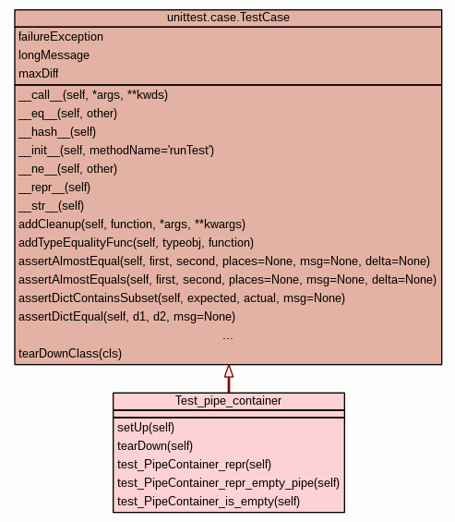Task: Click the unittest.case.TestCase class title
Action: (228, 18)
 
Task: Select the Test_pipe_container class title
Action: (229, 401)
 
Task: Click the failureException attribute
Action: (61, 37)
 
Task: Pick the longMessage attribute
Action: (54, 55)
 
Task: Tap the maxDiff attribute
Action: (39, 74)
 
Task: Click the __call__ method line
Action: (93, 95)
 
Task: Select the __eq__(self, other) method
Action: (68, 114)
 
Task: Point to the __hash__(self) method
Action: (57, 132)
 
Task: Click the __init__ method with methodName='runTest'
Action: (116, 151)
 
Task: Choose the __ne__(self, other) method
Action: (68, 169)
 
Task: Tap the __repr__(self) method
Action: (54, 188)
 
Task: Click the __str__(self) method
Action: (51, 206)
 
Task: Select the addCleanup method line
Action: (132, 225)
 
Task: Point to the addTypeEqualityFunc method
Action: (136, 243)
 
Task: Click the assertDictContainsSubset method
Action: (182, 298)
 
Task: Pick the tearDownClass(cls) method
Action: (70, 354)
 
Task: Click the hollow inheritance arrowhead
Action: (229, 371)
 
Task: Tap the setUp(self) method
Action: (146, 428)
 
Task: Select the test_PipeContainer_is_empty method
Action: (209, 502)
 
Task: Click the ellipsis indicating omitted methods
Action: (228, 338)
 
